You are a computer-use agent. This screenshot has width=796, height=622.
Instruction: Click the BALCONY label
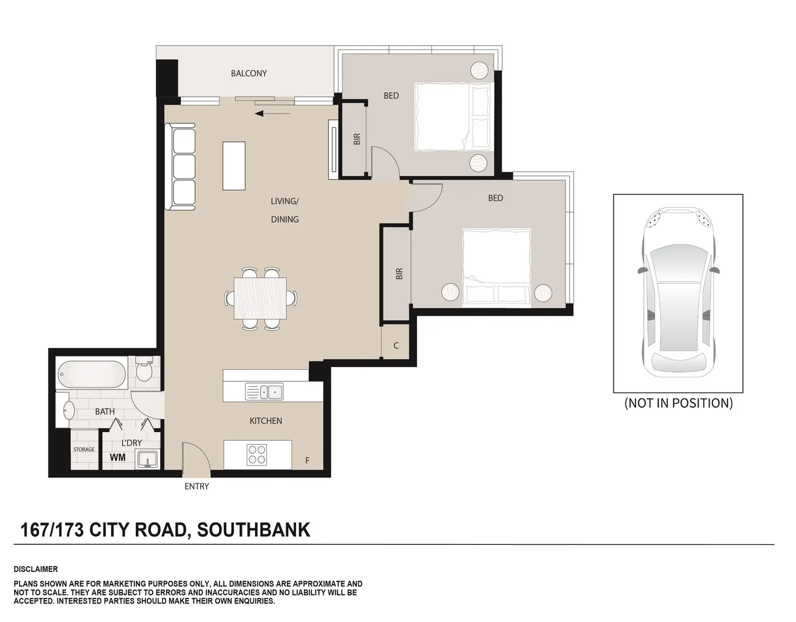(x=248, y=73)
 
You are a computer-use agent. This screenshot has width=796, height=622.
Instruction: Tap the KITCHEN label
(x=266, y=421)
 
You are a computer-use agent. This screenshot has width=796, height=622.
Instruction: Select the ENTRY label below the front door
(x=196, y=487)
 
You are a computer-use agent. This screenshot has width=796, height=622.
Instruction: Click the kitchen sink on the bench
(x=264, y=392)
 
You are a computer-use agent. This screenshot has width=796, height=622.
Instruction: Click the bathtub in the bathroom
(x=92, y=374)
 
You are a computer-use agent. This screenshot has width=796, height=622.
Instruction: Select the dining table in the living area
(x=260, y=298)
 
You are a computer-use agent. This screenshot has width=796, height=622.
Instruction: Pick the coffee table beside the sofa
(x=234, y=166)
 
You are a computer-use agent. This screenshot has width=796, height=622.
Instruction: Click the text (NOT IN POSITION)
(x=678, y=403)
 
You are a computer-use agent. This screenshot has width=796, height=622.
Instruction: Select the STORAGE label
(x=84, y=450)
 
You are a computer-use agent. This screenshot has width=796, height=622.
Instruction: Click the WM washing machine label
(x=117, y=458)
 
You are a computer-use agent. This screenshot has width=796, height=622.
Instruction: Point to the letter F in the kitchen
(x=308, y=461)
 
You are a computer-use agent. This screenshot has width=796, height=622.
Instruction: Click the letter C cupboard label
(x=396, y=346)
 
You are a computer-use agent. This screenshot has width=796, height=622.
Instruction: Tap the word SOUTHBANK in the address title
(x=253, y=529)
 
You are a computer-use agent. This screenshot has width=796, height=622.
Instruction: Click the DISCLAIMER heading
(x=36, y=569)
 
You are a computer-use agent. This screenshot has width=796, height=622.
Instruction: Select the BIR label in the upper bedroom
(x=357, y=139)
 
